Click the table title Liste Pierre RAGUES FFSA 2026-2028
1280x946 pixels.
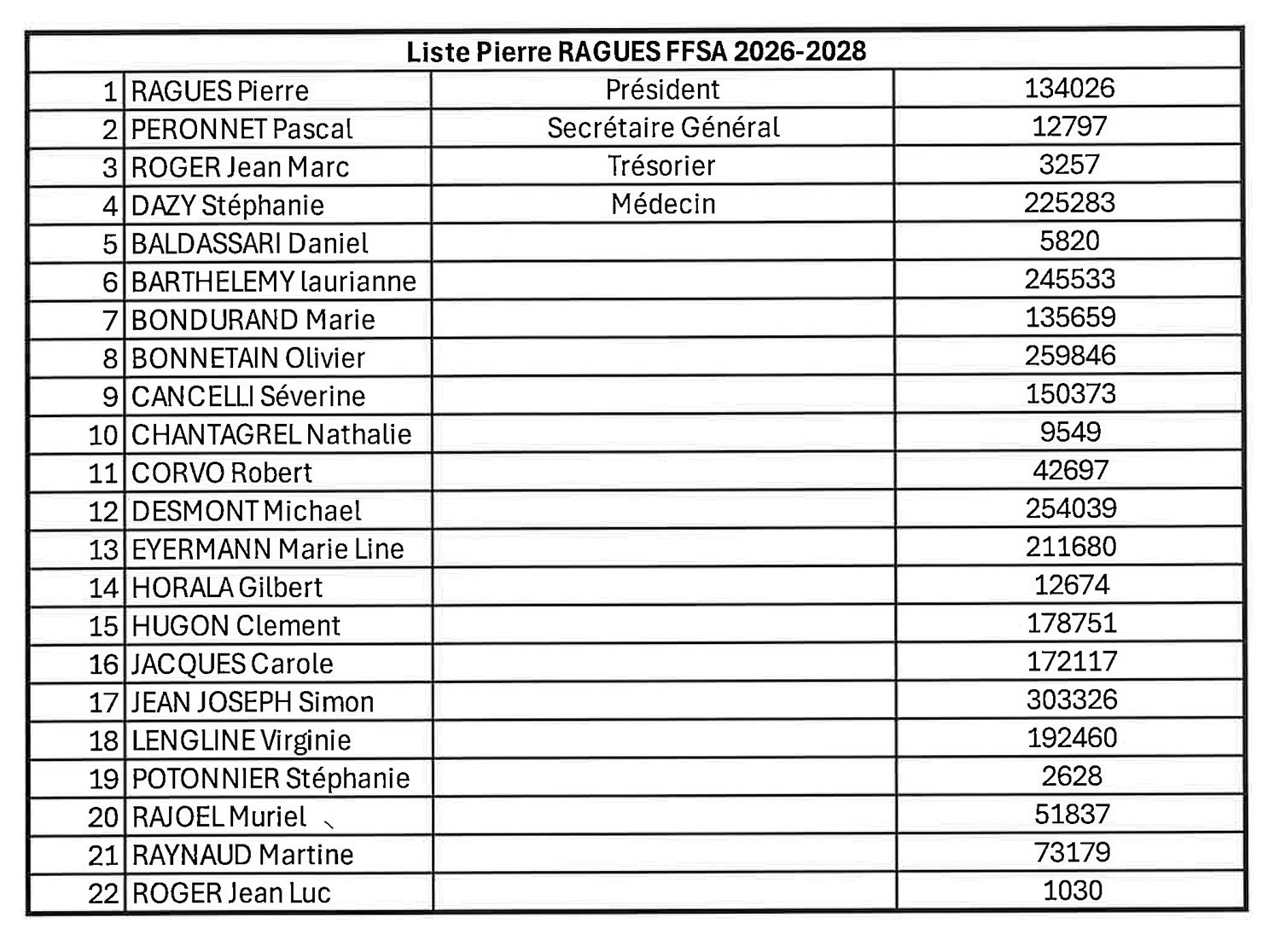[636, 52]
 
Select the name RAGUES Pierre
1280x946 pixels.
[219, 91]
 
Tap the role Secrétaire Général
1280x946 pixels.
[663, 128]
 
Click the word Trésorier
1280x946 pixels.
[661, 165]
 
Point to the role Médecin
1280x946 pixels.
[663, 204]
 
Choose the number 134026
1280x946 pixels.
[1069, 88]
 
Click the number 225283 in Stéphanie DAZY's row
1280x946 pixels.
[1069, 203]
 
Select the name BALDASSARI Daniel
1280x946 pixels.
[249, 244]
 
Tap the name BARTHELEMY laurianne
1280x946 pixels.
[273, 281]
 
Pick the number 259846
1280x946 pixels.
[1070, 356]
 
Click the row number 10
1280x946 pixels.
[103, 435]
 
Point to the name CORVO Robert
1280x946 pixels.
[222, 473]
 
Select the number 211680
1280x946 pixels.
[1071, 547]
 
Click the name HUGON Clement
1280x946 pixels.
[236, 626]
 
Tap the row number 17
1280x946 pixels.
[103, 703]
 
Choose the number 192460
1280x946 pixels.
[1072, 738]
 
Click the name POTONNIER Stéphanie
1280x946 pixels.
[271, 779]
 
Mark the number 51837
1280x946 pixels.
[1072, 815]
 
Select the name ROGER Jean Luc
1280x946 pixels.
[230, 893]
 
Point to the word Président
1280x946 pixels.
[662, 90]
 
